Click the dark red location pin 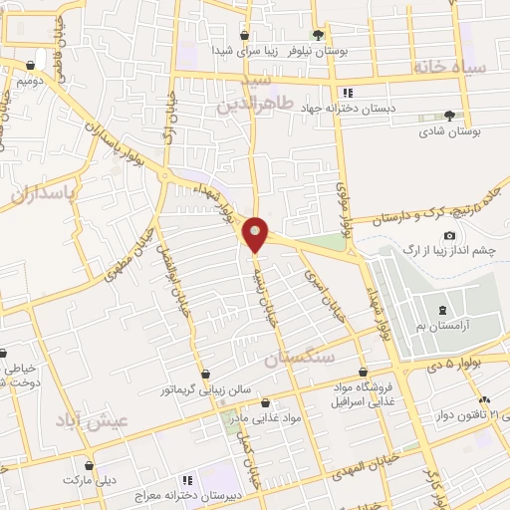256,233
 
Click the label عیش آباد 101,421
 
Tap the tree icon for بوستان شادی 450,116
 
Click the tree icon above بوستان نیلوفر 318,33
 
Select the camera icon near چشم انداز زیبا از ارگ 450,236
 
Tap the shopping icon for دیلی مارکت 90,465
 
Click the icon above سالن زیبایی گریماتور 204,375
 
